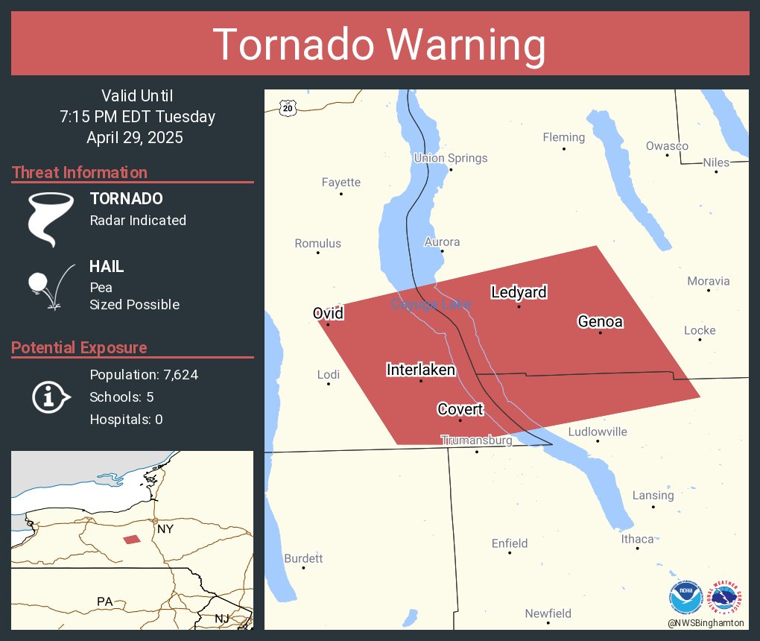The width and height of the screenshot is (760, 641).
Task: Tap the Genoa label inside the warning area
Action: (600, 322)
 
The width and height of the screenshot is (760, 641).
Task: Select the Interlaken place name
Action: (421, 370)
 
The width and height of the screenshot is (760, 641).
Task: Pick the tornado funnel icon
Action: (51, 218)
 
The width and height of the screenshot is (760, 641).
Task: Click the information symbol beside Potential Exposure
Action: (50, 397)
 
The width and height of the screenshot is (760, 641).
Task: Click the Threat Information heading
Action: (80, 172)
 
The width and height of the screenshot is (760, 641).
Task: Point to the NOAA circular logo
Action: (686, 598)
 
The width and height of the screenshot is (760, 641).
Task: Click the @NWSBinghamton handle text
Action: (706, 622)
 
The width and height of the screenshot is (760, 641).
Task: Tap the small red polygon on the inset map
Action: (132, 539)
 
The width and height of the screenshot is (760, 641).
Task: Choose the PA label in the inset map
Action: (104, 601)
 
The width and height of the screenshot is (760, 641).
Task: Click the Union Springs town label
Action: (451, 158)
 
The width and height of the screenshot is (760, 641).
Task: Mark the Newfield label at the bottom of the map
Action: (548, 613)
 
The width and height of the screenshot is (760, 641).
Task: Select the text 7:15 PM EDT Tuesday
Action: (137, 117)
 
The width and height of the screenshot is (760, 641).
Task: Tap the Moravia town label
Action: (708, 281)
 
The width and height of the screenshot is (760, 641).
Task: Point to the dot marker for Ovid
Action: (328, 324)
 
